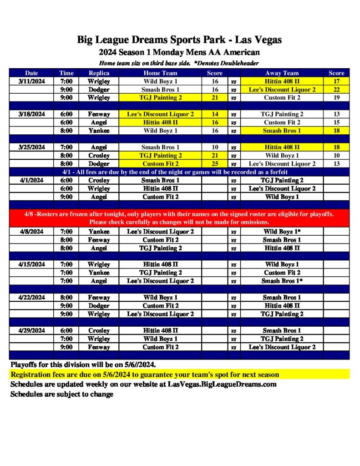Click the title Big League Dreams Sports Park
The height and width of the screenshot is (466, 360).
[x=179, y=40]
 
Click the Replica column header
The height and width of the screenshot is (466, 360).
[x=99, y=73]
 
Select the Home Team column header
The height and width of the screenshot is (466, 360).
[x=160, y=73]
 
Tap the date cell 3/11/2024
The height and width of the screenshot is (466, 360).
[x=31, y=81]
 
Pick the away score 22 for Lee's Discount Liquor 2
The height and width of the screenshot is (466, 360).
[x=336, y=90]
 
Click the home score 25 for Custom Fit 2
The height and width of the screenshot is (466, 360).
[x=215, y=164]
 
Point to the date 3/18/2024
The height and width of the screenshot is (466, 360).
[x=31, y=114]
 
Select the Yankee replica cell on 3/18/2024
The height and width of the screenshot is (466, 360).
[x=99, y=131]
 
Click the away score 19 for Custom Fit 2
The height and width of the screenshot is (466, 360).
[x=336, y=98]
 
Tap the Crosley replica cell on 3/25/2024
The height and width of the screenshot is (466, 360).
[x=99, y=156]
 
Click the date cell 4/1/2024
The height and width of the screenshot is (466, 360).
[x=31, y=180]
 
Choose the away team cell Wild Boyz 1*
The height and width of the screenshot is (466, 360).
[x=282, y=232]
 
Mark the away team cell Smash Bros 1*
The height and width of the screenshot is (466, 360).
[x=282, y=281]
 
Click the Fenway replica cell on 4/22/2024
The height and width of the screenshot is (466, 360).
[x=99, y=298]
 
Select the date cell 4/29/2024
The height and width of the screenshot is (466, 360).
[x=31, y=331]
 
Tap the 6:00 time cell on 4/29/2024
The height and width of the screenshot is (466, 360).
[x=66, y=331]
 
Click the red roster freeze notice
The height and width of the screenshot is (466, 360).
[x=179, y=218]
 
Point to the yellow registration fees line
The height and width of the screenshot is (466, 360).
[x=145, y=375]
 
